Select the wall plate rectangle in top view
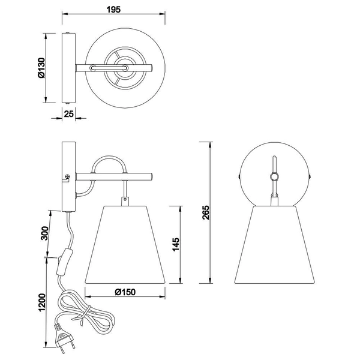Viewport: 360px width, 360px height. pos(68,69)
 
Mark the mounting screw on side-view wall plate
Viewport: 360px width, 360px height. pos(68,177)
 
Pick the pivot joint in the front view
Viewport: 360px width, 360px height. pos(274,176)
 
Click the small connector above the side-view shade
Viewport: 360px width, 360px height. pos(125,199)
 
